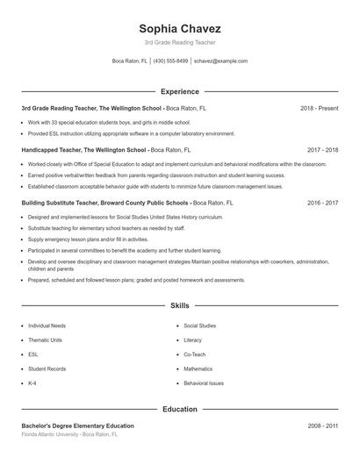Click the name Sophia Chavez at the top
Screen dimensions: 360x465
click(179, 28)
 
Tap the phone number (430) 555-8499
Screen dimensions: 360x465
click(171, 61)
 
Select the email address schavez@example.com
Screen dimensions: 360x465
click(221, 61)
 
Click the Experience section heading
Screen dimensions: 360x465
click(179, 91)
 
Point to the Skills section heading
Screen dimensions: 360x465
click(179, 305)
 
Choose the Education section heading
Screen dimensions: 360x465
click(179, 409)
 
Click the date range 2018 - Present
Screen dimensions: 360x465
click(319, 108)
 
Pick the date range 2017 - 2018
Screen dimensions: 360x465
click(322, 150)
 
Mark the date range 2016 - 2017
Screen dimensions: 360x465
click(322, 202)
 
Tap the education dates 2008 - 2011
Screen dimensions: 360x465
click(322, 426)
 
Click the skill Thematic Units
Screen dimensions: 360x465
click(46, 340)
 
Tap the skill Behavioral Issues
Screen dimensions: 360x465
click(204, 383)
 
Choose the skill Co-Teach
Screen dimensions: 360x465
click(194, 354)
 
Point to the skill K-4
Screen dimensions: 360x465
click(32, 383)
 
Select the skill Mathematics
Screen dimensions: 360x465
click(198, 368)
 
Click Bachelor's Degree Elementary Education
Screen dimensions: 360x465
click(78, 426)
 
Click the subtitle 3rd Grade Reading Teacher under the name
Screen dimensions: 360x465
click(179, 42)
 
